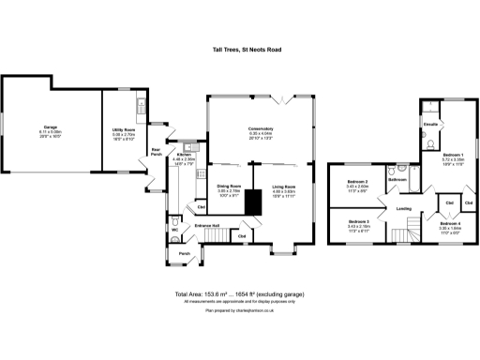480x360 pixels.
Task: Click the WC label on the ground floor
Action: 174,229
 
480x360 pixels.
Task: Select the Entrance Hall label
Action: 207,226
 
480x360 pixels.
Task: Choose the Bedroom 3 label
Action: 355,222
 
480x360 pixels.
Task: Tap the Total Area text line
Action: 240,294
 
